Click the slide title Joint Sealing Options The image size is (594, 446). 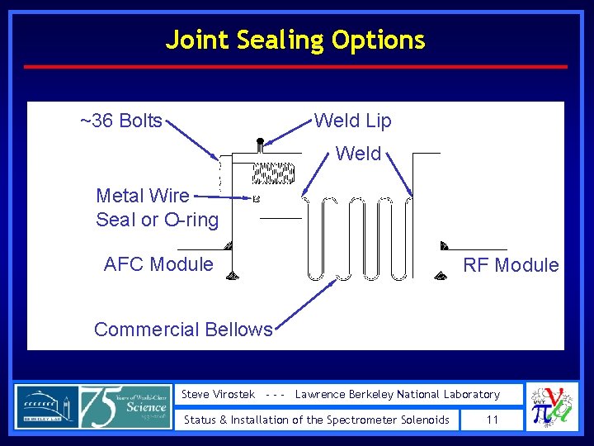[295, 40]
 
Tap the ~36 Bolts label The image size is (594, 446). [120, 121]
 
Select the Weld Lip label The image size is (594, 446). [352, 121]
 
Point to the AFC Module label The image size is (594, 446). [158, 264]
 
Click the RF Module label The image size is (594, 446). [511, 265]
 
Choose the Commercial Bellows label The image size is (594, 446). [183, 330]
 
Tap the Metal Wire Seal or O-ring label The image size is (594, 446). [157, 207]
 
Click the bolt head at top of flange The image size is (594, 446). [260, 145]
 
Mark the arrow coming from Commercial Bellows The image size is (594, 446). [305, 302]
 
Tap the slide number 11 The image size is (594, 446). [493, 420]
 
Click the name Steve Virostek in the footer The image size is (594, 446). [219, 395]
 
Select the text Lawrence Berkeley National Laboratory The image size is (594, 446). [398, 395]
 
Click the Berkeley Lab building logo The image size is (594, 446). [46, 407]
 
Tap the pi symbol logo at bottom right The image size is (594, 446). [545, 407]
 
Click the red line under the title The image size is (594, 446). [296, 67]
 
